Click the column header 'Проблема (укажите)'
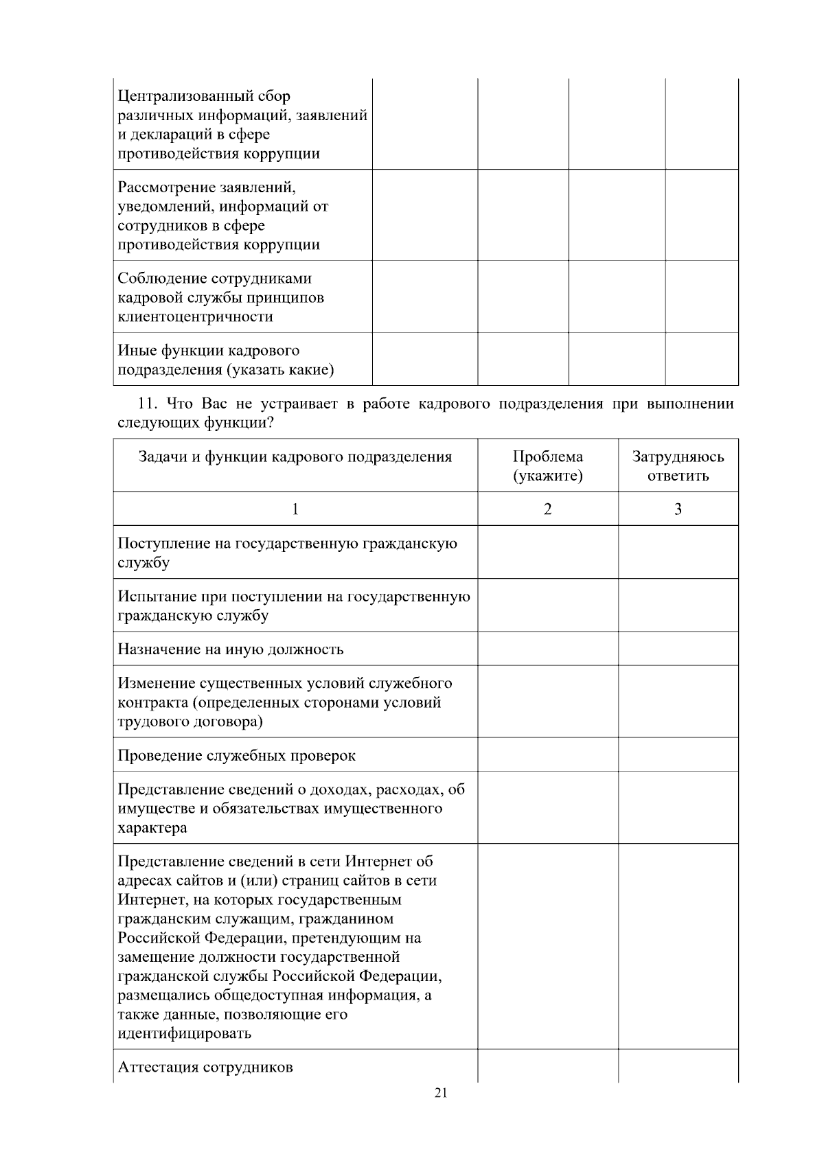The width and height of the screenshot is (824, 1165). (x=547, y=466)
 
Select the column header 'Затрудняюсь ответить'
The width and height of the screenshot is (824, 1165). (x=678, y=466)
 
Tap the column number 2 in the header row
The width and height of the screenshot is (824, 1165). (x=547, y=509)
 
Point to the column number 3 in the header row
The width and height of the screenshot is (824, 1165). (x=678, y=509)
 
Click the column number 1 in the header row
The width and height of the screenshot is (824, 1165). (x=295, y=509)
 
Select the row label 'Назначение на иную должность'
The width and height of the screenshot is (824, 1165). (x=231, y=649)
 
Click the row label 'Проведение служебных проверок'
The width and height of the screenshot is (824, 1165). (x=237, y=755)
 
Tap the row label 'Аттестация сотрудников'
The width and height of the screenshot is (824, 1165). (x=205, y=1067)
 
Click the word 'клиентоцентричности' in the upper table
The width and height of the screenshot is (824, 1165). (x=196, y=316)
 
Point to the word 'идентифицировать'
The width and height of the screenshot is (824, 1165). (x=185, y=1033)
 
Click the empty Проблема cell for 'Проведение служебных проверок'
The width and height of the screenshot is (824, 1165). (x=547, y=754)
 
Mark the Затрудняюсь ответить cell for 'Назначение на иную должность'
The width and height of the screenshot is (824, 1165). (x=678, y=648)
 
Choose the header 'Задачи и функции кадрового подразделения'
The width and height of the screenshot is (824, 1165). (x=295, y=457)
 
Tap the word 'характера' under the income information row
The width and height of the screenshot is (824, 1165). (x=152, y=827)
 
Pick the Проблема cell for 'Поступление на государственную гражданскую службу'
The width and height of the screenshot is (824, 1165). (x=547, y=552)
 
